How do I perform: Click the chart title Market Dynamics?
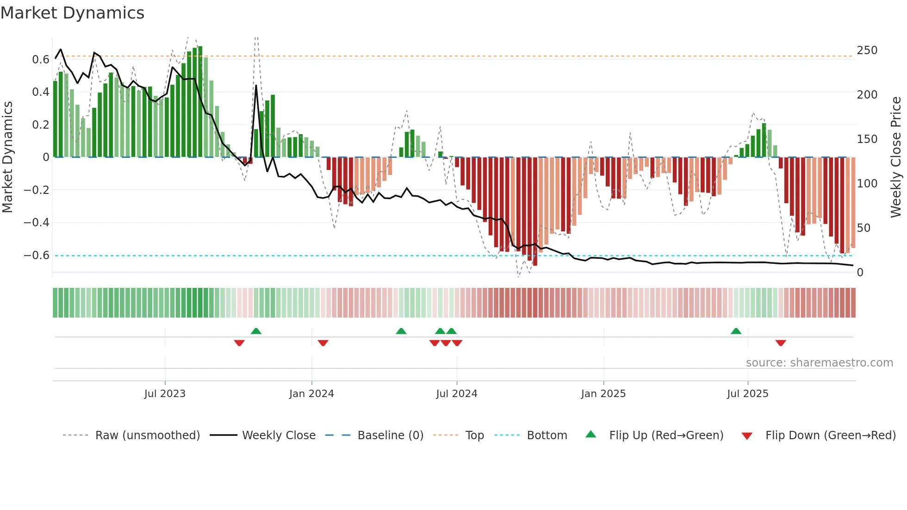click(73, 13)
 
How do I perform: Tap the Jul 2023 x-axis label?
click(165, 393)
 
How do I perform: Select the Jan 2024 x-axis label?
click(311, 393)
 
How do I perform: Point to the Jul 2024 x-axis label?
click(457, 393)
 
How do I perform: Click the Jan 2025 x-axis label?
click(603, 393)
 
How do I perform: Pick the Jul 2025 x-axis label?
click(748, 393)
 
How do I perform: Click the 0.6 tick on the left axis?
click(41, 59)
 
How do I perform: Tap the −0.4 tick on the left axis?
click(37, 223)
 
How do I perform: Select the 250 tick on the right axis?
click(867, 50)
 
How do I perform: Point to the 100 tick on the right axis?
click(867, 183)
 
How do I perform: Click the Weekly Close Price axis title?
click(896, 157)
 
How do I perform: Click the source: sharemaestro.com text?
click(819, 362)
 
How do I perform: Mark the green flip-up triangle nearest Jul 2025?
click(736, 331)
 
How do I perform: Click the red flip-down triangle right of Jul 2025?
click(781, 343)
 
